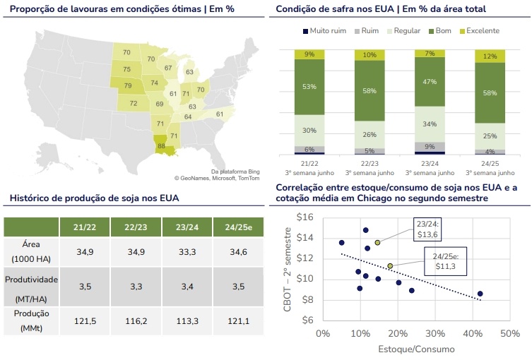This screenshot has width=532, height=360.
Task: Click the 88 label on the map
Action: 162,146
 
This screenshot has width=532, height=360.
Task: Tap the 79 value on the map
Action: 127,85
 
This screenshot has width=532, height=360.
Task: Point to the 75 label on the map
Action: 127,69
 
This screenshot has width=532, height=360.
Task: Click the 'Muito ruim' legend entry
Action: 325,31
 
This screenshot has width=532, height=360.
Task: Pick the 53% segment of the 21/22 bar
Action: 309,87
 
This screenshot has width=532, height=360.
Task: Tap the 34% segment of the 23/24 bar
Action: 430,124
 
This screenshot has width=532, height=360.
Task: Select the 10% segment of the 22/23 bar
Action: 370,54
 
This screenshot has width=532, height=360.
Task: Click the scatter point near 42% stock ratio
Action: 480,294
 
